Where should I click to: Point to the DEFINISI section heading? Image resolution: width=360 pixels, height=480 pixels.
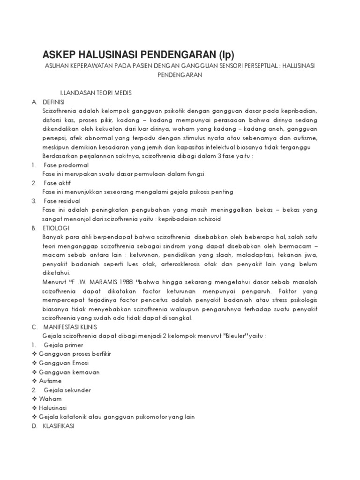(x=55, y=102)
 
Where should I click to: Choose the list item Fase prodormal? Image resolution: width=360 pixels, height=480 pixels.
(x=66, y=165)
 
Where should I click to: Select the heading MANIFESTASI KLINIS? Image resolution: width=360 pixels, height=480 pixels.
(x=71, y=327)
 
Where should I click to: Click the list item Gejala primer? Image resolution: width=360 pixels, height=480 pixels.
(x=65, y=345)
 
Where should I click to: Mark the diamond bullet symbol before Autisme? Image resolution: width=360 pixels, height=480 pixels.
(x=34, y=381)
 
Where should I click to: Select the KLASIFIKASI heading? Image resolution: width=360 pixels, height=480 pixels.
(x=59, y=426)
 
